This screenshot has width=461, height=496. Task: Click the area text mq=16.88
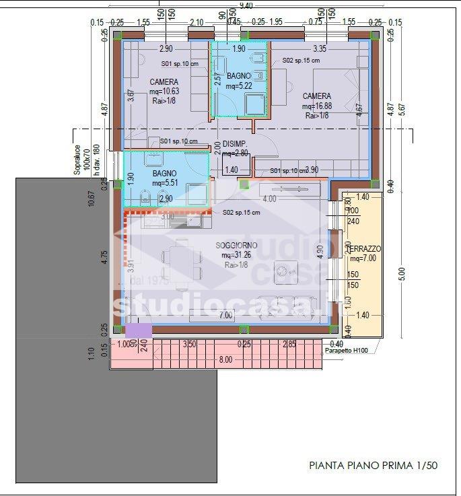pyautogui.click(x=316, y=106)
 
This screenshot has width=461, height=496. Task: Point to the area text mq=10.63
pyautogui.click(x=164, y=92)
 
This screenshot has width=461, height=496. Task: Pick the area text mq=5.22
pyautogui.click(x=238, y=86)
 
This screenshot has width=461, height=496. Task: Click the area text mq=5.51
pyautogui.click(x=165, y=183)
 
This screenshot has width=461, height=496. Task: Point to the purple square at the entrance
pyautogui.click(x=139, y=330)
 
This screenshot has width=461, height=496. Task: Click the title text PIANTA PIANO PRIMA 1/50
pyautogui.click(x=374, y=465)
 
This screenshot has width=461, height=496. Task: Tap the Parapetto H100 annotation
pyautogui.click(x=347, y=351)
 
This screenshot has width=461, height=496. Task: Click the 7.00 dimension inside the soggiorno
pyautogui.click(x=225, y=315)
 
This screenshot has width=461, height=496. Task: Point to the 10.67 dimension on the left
pyautogui.click(x=92, y=200)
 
